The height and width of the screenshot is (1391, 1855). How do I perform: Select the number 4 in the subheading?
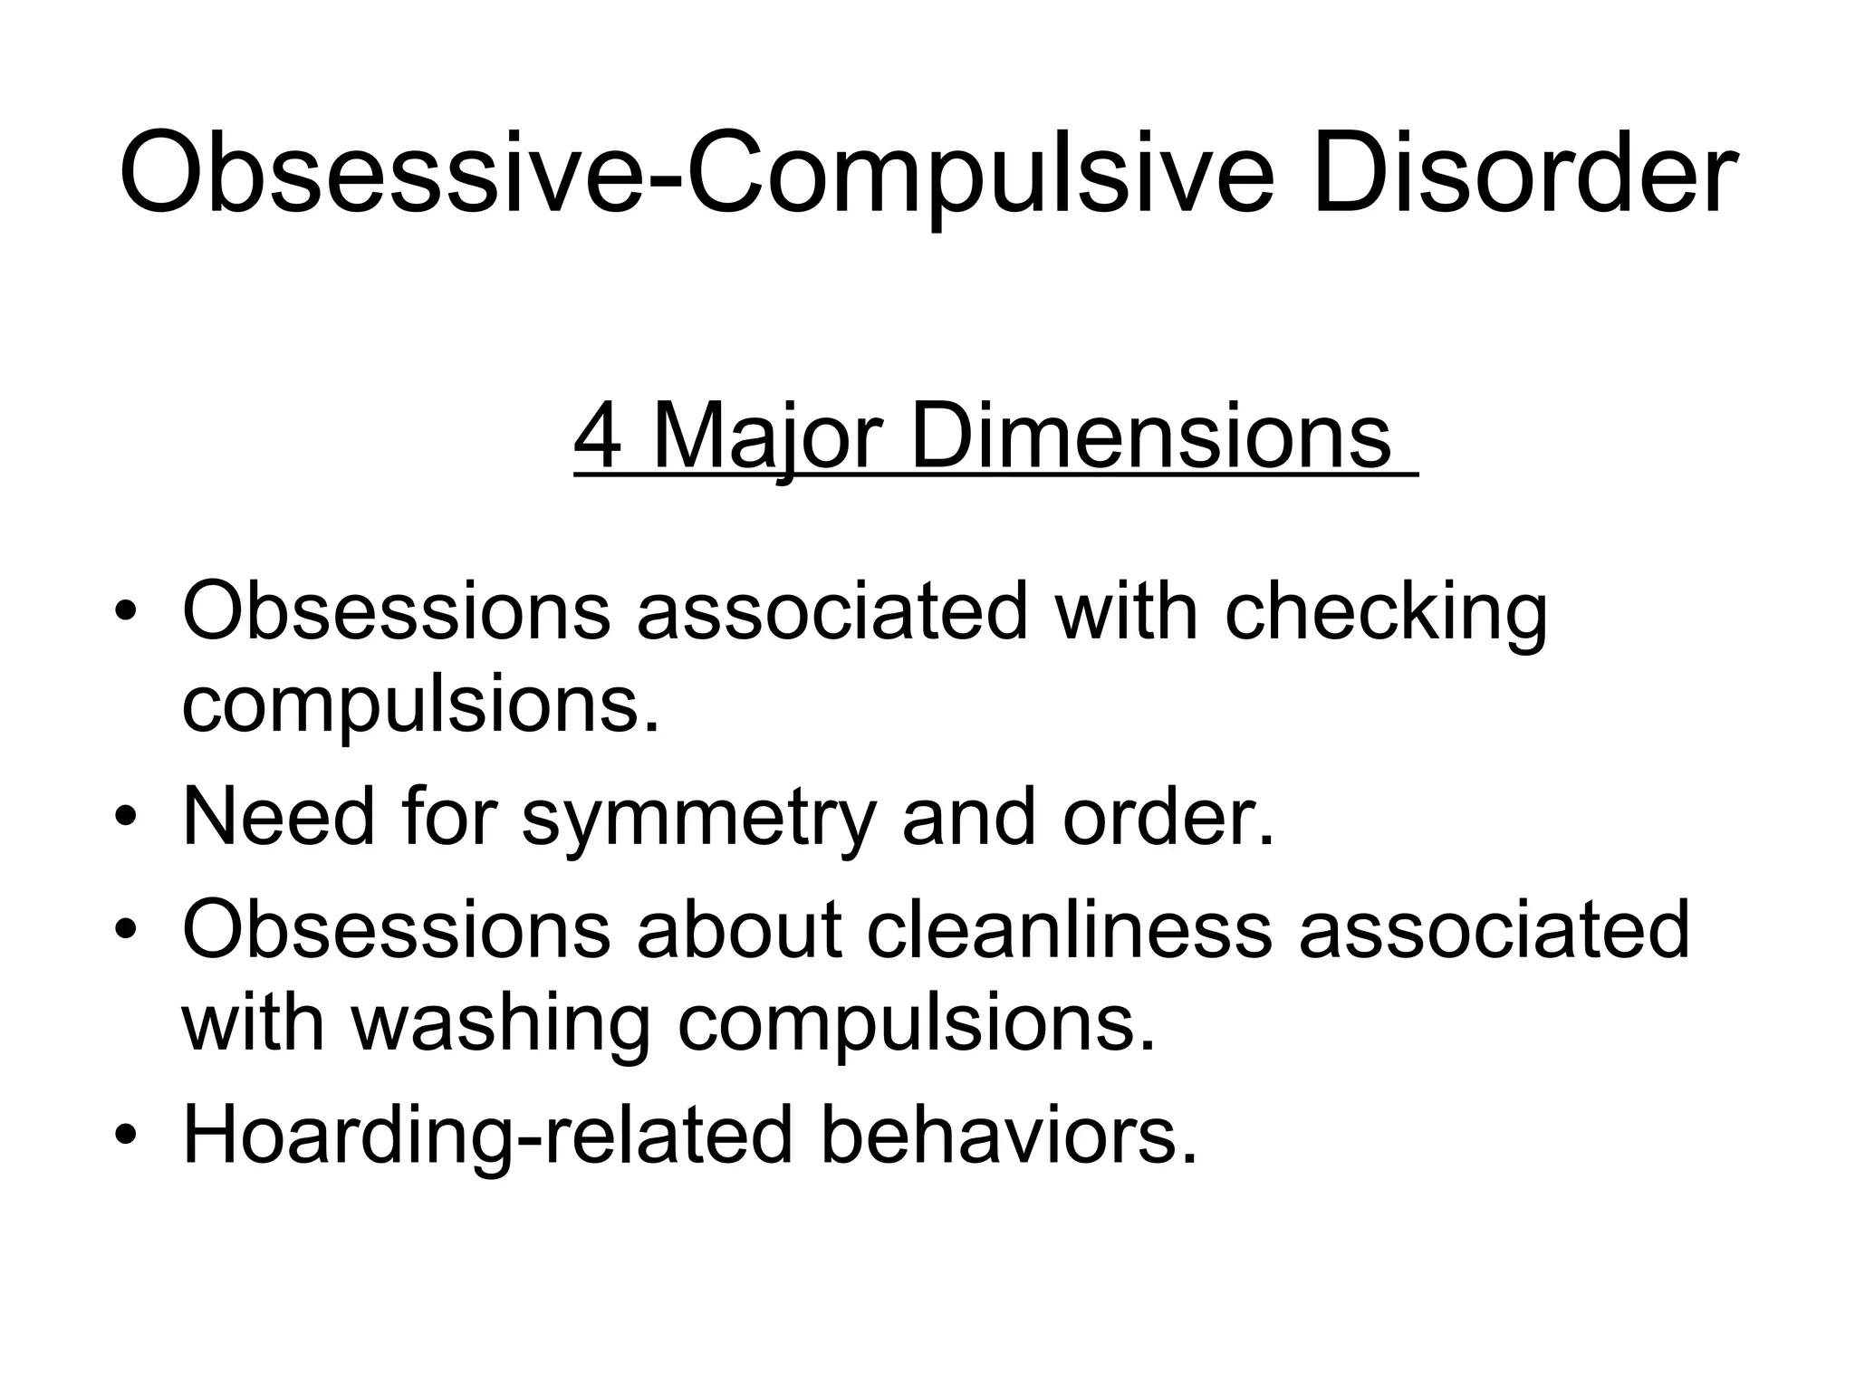pyautogui.click(x=598, y=437)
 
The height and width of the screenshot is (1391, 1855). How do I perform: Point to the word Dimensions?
pyautogui.click(x=1150, y=437)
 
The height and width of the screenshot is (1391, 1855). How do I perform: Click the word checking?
pyautogui.click(x=1386, y=613)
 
